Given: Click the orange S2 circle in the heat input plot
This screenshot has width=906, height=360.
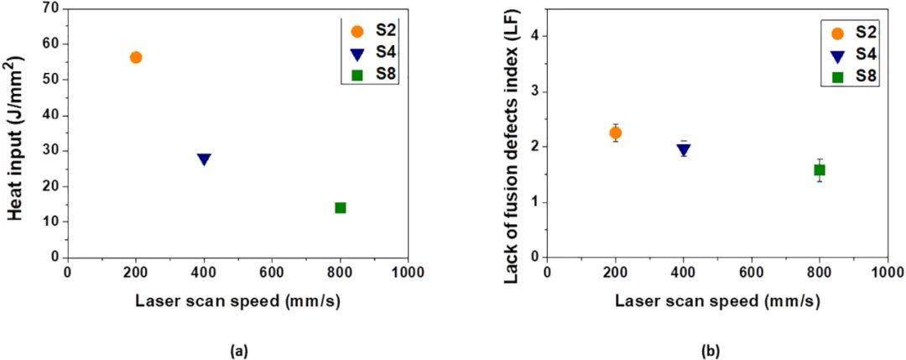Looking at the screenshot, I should (x=136, y=57).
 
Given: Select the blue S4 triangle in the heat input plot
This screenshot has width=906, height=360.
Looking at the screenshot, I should (x=204, y=159).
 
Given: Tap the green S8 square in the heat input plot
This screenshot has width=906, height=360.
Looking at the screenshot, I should (x=341, y=207).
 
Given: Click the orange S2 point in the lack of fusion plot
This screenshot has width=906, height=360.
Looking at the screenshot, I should (x=615, y=133).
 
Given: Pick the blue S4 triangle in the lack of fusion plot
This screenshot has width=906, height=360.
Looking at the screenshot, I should (x=684, y=149).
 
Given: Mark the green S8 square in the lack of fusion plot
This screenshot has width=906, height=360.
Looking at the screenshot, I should (x=820, y=170).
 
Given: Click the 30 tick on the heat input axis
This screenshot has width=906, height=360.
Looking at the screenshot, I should (x=52, y=151).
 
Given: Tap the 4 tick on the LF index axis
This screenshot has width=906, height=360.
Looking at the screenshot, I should (x=532, y=36).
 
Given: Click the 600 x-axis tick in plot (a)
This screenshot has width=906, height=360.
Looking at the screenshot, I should (x=272, y=272).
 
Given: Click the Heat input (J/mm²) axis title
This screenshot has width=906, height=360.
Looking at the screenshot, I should (x=18, y=133).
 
